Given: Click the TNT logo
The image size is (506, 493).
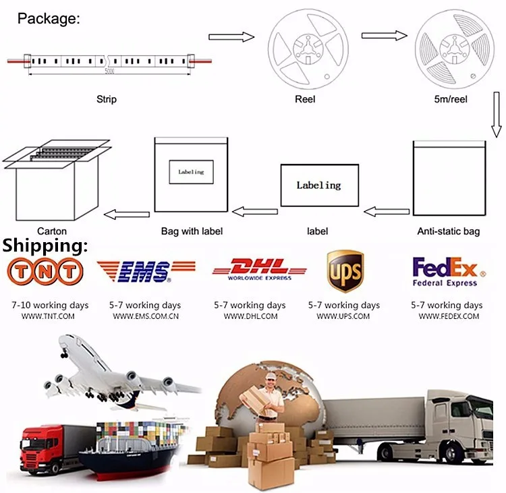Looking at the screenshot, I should point(44,271).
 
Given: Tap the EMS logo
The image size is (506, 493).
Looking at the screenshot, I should point(145,271).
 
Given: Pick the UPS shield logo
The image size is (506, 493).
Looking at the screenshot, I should point(345,271).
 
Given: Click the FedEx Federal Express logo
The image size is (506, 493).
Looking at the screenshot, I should point(448,271).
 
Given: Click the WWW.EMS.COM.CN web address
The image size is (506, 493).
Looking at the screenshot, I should point(146,316).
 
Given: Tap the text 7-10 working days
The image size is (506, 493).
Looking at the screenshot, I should point(50,306).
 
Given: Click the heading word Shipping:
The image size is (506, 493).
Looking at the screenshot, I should point(45,245).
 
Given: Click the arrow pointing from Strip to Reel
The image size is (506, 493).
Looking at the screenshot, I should point(231,37).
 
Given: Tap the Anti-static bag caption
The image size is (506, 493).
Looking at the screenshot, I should point(448,231).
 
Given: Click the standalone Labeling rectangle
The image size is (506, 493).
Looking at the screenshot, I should point(319,185).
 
